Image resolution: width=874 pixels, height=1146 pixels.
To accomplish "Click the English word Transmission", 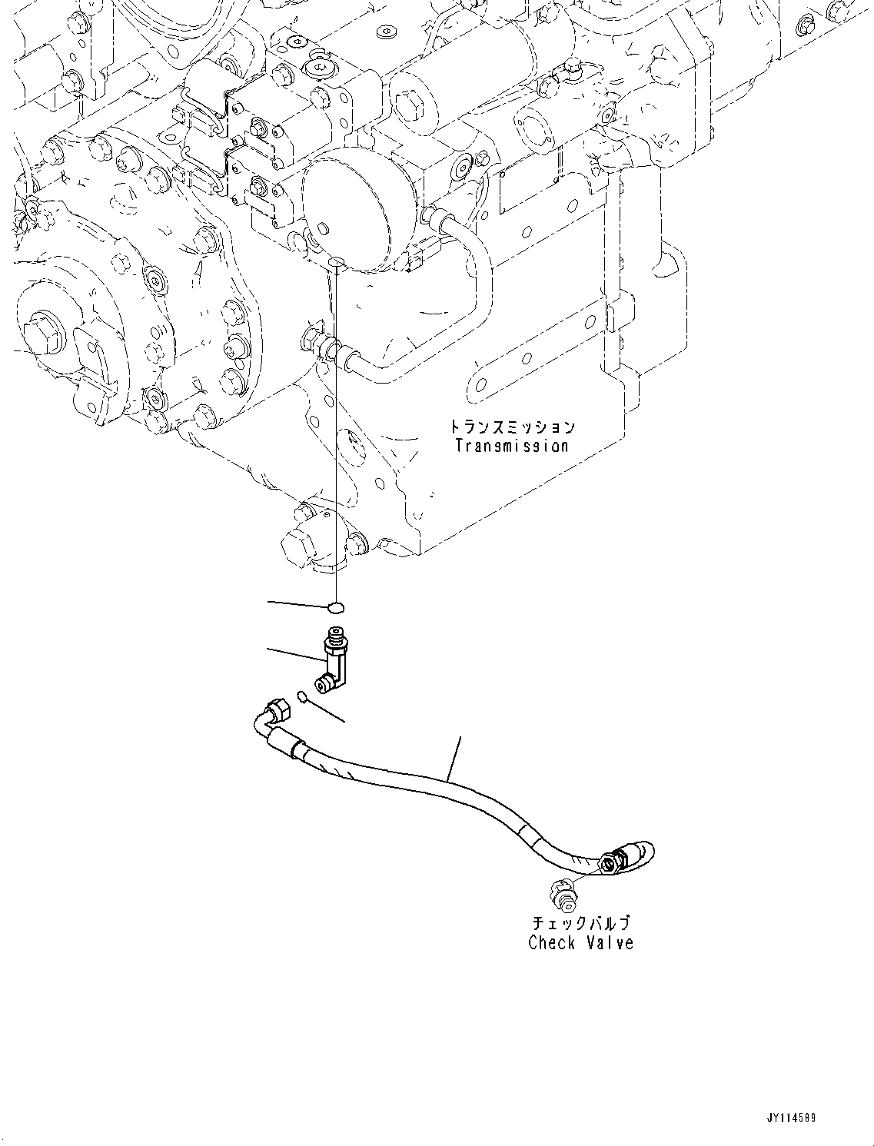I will point(511,446).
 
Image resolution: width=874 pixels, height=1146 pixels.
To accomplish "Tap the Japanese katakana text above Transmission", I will point(511,427).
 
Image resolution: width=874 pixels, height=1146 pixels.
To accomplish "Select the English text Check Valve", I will point(580,943).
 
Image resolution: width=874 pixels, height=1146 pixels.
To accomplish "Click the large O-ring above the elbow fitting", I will point(335,608).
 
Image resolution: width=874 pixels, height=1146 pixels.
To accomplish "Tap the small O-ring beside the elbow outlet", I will point(304,696).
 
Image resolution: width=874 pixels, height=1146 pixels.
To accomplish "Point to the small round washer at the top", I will point(384,34).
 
